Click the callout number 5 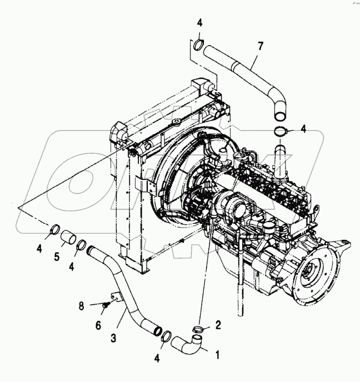[x=56, y=258]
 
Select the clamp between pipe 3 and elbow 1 [x=165, y=334]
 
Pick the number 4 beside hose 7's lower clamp [x=303, y=129]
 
